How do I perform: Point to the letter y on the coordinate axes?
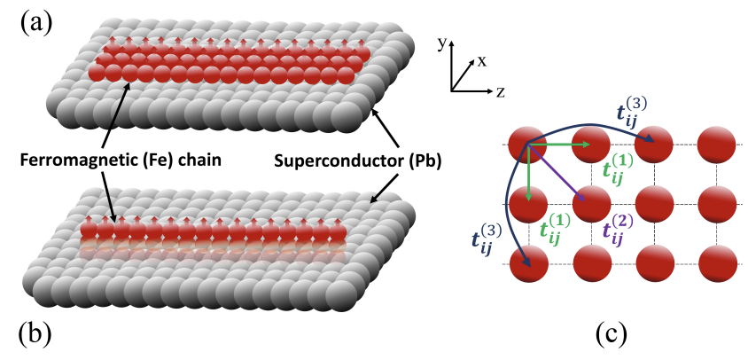443,42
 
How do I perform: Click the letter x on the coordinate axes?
482,61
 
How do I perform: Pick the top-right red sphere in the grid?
717,145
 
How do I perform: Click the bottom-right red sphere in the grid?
717,265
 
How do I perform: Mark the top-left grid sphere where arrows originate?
526,145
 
